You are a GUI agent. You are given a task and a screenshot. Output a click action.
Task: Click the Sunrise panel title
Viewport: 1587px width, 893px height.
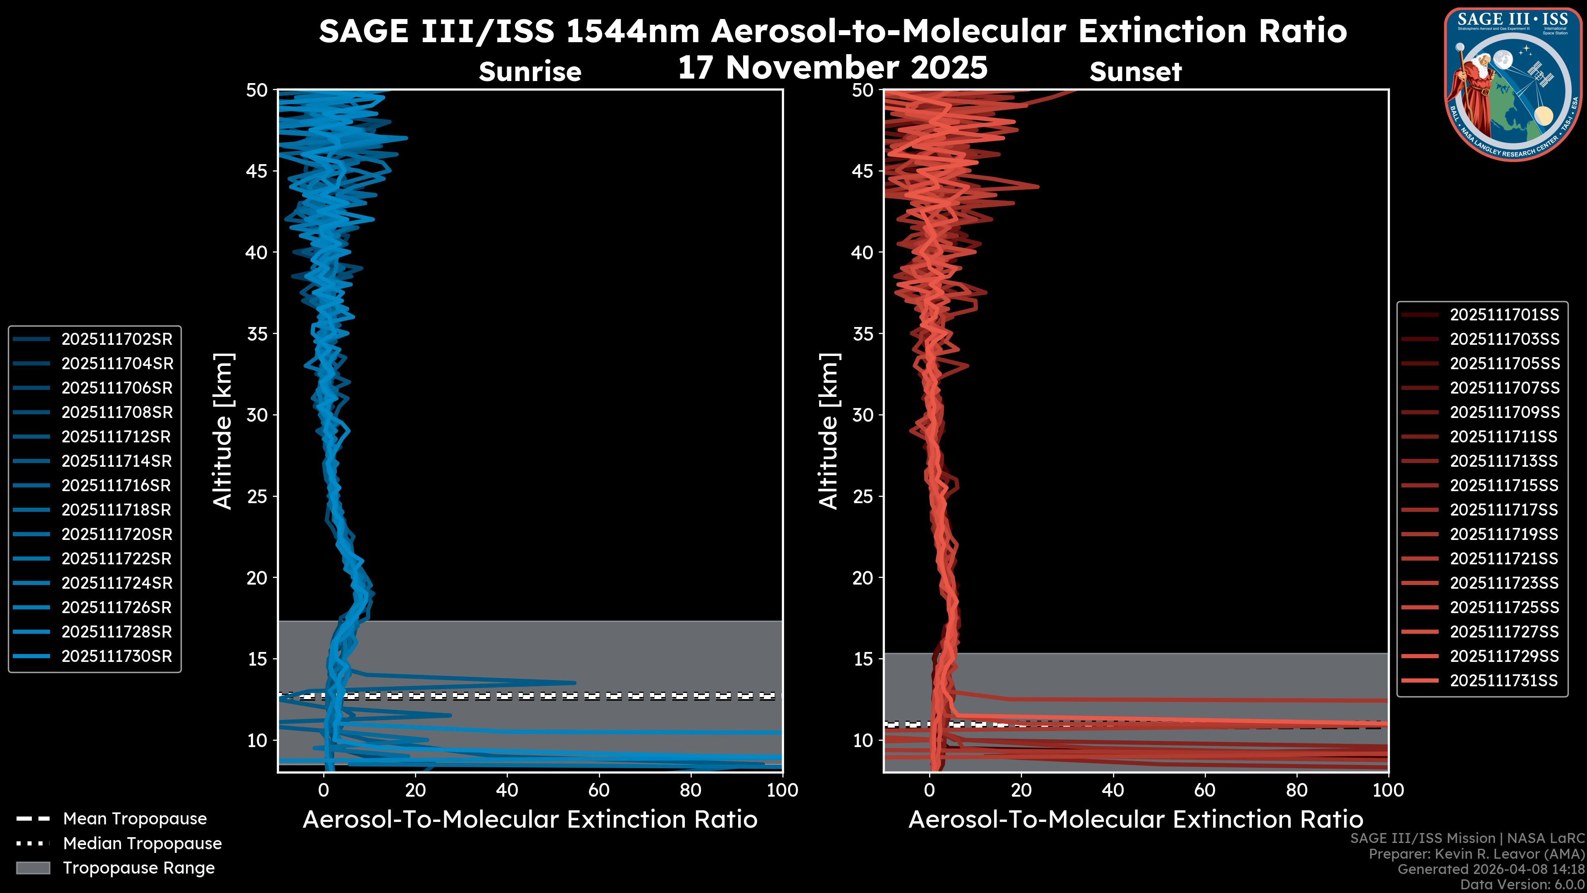pyautogui.click(x=530, y=72)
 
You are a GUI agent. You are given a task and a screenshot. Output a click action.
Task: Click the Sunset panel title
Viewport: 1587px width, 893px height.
pyautogui.click(x=1135, y=72)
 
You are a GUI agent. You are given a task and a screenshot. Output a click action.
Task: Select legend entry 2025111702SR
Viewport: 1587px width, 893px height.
pyautogui.click(x=117, y=339)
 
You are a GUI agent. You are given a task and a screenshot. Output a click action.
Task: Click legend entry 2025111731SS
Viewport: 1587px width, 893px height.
pyautogui.click(x=1504, y=680)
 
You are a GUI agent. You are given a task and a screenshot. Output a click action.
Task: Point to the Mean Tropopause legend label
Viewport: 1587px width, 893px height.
pyautogui.click(x=135, y=819)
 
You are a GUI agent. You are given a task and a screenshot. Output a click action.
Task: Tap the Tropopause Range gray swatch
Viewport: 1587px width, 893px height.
pyautogui.click(x=33, y=868)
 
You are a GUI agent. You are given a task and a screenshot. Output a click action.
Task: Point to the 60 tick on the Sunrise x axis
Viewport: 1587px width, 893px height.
pyautogui.click(x=599, y=790)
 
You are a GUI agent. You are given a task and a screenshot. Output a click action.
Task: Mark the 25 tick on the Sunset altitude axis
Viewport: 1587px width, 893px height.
pyautogui.click(x=863, y=496)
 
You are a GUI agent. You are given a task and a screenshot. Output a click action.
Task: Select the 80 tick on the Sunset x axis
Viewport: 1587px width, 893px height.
pyautogui.click(x=1297, y=790)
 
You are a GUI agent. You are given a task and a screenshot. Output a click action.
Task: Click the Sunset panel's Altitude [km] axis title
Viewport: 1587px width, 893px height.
pyautogui.click(x=829, y=431)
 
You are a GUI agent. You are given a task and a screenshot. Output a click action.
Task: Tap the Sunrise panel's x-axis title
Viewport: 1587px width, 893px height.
pyautogui.click(x=530, y=820)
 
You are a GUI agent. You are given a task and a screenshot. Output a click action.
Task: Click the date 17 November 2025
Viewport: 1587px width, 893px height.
pyautogui.click(x=832, y=68)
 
